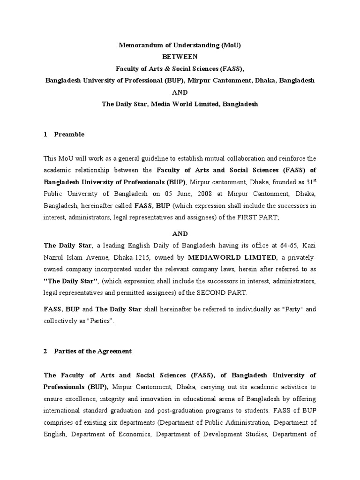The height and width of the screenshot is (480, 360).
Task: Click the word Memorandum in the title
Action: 136,45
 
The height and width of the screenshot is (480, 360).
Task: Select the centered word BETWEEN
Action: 180,57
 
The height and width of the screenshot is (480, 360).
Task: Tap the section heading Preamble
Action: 69,135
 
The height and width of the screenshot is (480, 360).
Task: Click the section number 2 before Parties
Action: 45,352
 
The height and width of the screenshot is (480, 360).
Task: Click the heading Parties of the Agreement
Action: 93,352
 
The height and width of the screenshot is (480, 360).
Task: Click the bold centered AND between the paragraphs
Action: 180,233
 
